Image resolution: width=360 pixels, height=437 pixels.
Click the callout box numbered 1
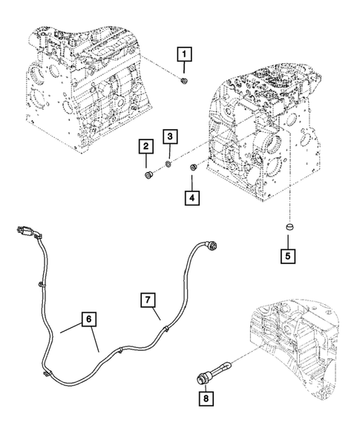click(x=184, y=54)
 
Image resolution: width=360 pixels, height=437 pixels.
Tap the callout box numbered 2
click(x=146, y=146)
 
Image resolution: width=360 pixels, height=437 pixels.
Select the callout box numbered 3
click(x=170, y=137)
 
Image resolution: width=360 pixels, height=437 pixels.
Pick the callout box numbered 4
click(x=192, y=198)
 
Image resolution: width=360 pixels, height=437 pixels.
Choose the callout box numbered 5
click(x=288, y=256)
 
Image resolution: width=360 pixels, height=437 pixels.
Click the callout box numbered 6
click(x=88, y=319)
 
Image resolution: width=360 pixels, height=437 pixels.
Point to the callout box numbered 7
click(x=148, y=300)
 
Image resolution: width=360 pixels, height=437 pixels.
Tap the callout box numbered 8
click(x=206, y=398)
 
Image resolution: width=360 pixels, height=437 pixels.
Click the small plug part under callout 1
click(x=184, y=81)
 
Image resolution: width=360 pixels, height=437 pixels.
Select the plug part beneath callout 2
click(x=148, y=176)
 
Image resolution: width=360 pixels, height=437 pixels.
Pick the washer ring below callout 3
click(x=168, y=165)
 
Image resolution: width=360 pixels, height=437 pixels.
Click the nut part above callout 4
click(x=193, y=168)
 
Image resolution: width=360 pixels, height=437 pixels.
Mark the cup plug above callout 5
click(x=289, y=226)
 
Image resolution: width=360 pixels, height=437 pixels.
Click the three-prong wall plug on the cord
click(x=26, y=231)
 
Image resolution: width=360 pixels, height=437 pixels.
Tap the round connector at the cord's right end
click(x=211, y=246)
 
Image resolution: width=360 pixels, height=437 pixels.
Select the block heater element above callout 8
click(x=213, y=372)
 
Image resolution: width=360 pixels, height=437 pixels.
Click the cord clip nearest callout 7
click(x=166, y=329)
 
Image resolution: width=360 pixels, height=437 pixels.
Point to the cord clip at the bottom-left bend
click(x=46, y=374)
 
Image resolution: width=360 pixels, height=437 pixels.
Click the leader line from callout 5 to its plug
click(x=288, y=241)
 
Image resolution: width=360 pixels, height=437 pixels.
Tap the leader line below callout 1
click(x=184, y=68)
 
